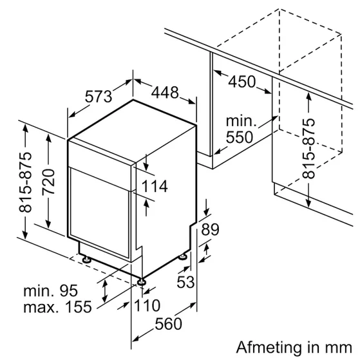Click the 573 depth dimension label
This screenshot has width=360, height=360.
pyautogui.click(x=99, y=97)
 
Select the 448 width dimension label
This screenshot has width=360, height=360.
pyautogui.click(x=165, y=93)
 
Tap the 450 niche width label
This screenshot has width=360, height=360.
pyautogui.click(x=242, y=82)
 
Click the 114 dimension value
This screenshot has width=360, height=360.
pyautogui.click(x=155, y=187)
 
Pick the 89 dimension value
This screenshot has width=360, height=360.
pyautogui.click(x=210, y=229)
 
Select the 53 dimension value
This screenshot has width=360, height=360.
pyautogui.click(x=185, y=281)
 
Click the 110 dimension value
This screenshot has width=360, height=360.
pyautogui.click(x=147, y=306)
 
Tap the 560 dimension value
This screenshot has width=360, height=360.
pyautogui.click(x=169, y=324)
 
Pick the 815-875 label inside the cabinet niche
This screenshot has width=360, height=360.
pyautogui.click(x=309, y=148)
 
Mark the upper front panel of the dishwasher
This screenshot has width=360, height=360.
pyautogui.click(x=100, y=155)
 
